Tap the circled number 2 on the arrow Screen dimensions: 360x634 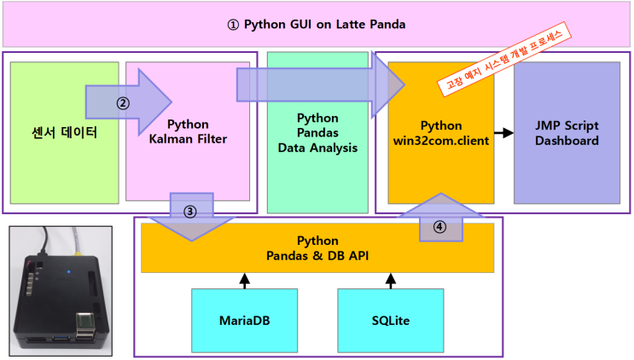pos(123,104)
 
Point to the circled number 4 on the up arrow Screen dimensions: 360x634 pos(439,228)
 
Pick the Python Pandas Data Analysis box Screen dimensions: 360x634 pos(317,132)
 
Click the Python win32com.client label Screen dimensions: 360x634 pos(441,132)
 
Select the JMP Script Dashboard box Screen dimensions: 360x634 pos(567,132)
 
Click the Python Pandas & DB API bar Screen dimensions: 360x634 pos(317,248)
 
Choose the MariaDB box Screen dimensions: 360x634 pos(245,322)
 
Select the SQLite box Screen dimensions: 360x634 pos(391,322)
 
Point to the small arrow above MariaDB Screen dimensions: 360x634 pos(245,280)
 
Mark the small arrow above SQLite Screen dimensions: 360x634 pos(391,280)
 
